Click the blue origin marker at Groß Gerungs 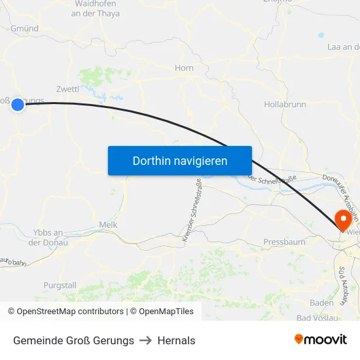(x=18, y=104)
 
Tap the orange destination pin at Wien (x=342, y=219)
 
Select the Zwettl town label (x=68, y=88)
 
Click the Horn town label (x=184, y=67)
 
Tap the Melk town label (x=107, y=225)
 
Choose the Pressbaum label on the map (x=284, y=242)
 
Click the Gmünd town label (x=25, y=29)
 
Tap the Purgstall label (x=60, y=285)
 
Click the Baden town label (x=321, y=302)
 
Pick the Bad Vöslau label (x=317, y=318)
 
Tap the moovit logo (x=320, y=340)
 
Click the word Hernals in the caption (x=177, y=340)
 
